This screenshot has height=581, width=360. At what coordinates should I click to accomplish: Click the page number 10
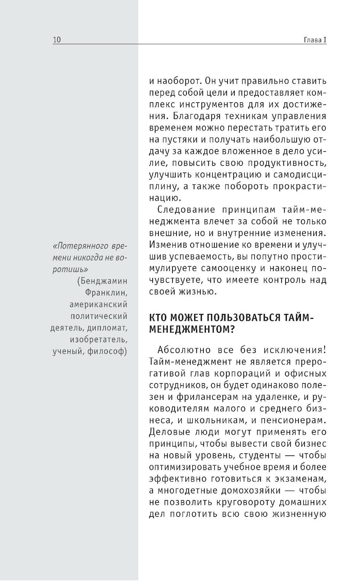(57, 40)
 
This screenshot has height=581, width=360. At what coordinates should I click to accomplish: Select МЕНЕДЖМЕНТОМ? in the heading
(192, 329)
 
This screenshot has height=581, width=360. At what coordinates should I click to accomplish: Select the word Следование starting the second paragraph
(186, 210)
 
